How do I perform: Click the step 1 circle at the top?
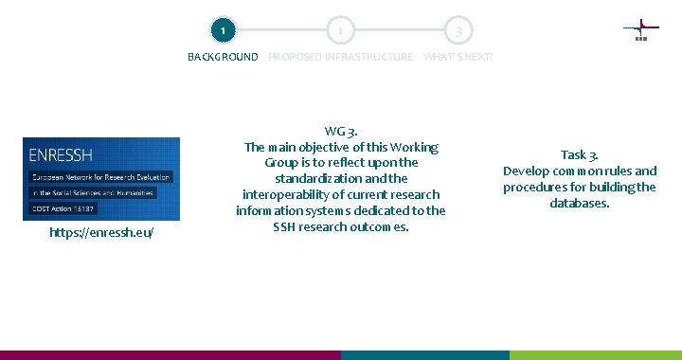click(x=222, y=31)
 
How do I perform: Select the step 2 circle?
click(x=340, y=31)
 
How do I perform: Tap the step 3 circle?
click(x=458, y=31)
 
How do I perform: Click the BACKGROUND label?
click(x=223, y=57)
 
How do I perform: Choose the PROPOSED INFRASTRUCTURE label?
click(x=340, y=57)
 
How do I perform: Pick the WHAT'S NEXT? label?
click(x=458, y=57)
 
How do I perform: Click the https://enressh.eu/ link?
click(x=101, y=232)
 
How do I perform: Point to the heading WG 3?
click(x=340, y=131)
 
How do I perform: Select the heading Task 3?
click(x=579, y=154)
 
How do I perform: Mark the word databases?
click(x=579, y=203)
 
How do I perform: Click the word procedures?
click(x=536, y=187)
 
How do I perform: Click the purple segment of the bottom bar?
click(x=170, y=355)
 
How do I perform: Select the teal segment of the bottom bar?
click(x=425, y=355)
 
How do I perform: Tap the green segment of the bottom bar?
click(x=596, y=355)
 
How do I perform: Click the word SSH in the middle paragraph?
click(x=284, y=226)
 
